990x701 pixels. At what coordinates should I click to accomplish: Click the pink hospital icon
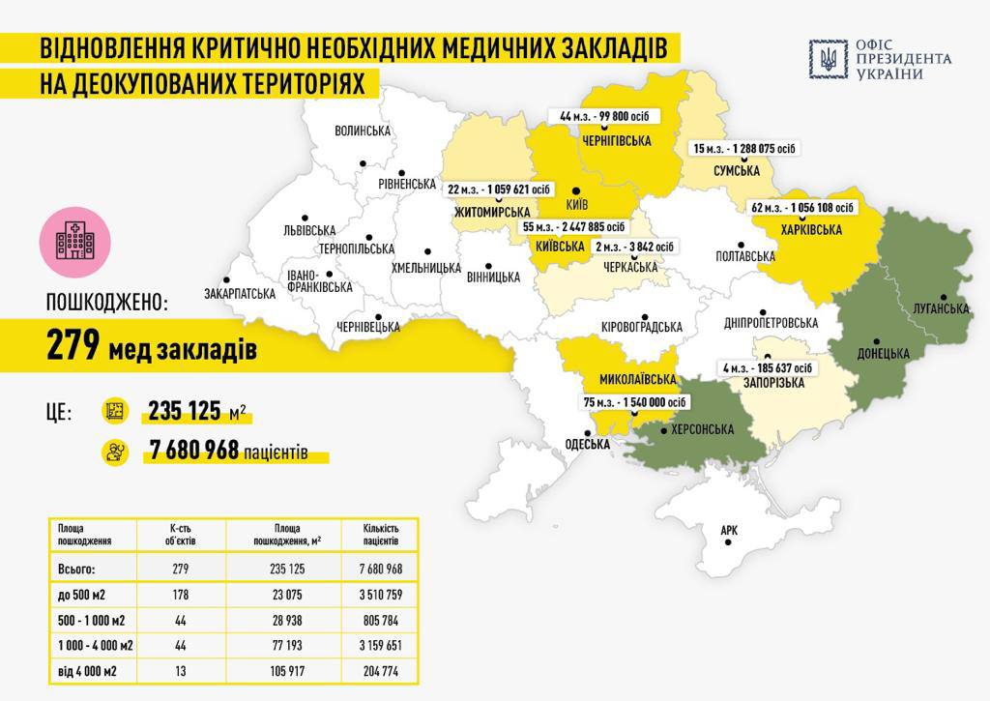pos(74,239)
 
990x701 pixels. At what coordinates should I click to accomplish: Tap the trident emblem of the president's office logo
pos(828,59)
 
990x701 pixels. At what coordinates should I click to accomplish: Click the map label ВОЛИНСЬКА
pos(362,131)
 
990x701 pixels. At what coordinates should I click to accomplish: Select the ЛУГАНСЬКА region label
pos(941,308)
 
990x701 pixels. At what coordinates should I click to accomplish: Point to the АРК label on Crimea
pos(730,531)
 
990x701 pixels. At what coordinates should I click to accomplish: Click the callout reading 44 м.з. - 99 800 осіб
pos(604,116)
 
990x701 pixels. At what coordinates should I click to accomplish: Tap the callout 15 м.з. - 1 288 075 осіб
pos(743,148)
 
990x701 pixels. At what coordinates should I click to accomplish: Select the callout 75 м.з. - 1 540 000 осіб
pos(635,402)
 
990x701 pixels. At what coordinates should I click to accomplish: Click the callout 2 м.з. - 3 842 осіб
pos(629,247)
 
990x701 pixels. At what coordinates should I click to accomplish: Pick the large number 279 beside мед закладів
pos(73,346)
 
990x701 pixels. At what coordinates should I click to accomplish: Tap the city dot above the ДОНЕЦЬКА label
pos(876,341)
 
